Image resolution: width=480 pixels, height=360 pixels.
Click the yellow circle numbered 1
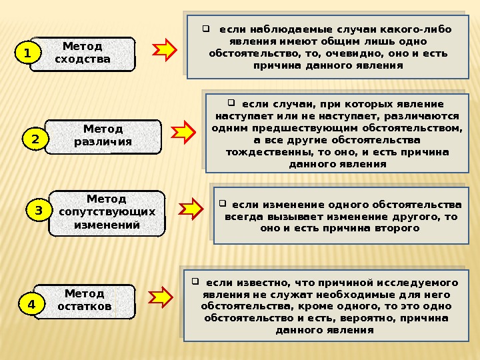(28, 52)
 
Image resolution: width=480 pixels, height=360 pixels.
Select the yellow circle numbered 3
(39, 211)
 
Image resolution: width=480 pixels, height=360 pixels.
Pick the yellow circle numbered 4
(31, 304)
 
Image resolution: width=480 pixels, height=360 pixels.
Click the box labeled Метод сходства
(83, 53)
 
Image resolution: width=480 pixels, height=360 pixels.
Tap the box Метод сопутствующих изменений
(107, 212)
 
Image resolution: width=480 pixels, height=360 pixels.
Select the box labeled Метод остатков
(85, 301)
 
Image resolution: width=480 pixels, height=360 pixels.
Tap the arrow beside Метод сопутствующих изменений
(192, 208)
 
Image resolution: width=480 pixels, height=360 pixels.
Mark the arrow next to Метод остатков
(161, 298)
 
